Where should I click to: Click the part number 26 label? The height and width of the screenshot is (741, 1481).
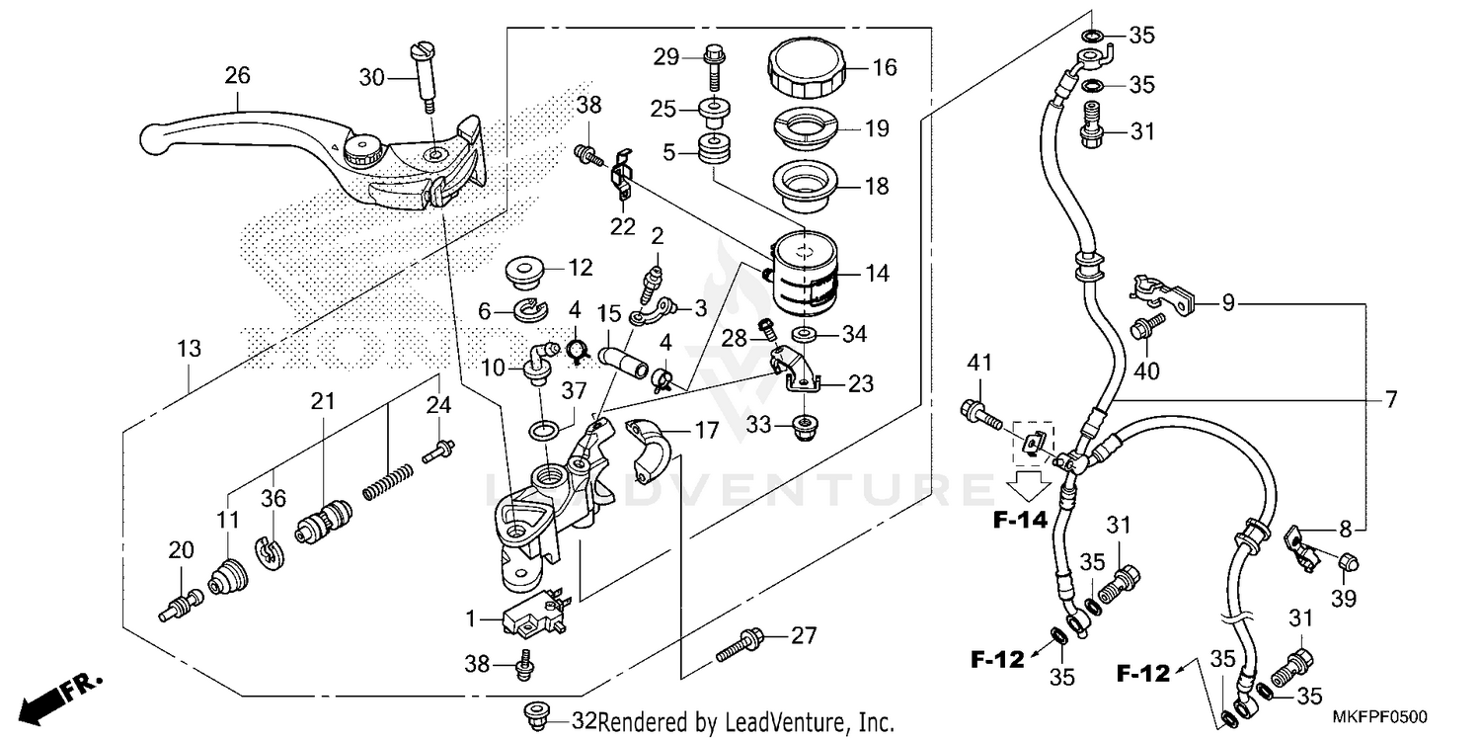[x=237, y=75]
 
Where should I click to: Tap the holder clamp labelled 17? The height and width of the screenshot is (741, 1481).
[x=648, y=452]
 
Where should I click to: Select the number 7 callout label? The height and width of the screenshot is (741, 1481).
[x=1390, y=399]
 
